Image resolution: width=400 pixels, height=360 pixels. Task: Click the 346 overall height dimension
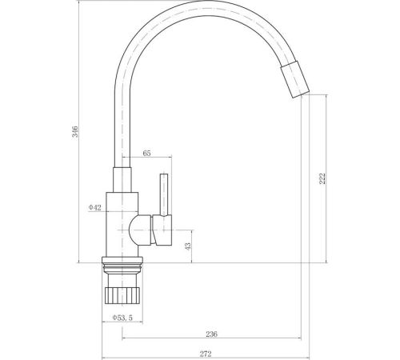tap(75, 131)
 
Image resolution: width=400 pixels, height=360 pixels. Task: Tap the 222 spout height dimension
tap(322, 178)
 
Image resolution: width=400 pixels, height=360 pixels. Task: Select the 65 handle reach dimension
tap(146, 153)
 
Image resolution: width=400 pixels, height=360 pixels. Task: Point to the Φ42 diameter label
tap(95, 207)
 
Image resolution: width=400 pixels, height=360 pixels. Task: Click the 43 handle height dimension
tap(188, 246)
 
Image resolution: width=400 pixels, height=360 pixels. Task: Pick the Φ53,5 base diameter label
tap(122, 318)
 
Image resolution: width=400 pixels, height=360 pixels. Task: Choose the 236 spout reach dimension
tap(212, 334)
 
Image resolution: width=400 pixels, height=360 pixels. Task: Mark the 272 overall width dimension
tap(206, 354)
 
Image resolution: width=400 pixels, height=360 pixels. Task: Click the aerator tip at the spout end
tap(295, 79)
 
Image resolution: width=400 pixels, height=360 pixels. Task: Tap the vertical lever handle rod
tap(164, 194)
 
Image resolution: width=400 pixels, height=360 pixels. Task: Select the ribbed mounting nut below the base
tap(122, 295)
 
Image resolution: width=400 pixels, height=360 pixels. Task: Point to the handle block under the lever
tap(162, 230)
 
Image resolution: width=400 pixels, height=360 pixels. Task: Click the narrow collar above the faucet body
tap(122, 180)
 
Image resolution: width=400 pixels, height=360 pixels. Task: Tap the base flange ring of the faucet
tap(122, 260)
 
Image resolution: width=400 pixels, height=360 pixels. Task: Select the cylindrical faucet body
tap(122, 224)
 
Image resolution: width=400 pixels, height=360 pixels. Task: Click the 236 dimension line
tap(211, 338)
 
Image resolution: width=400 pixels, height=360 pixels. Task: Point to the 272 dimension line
tap(206, 358)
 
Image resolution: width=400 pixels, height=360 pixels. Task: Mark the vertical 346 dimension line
tap(79, 131)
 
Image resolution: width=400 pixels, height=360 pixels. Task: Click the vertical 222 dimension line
tap(326, 178)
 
